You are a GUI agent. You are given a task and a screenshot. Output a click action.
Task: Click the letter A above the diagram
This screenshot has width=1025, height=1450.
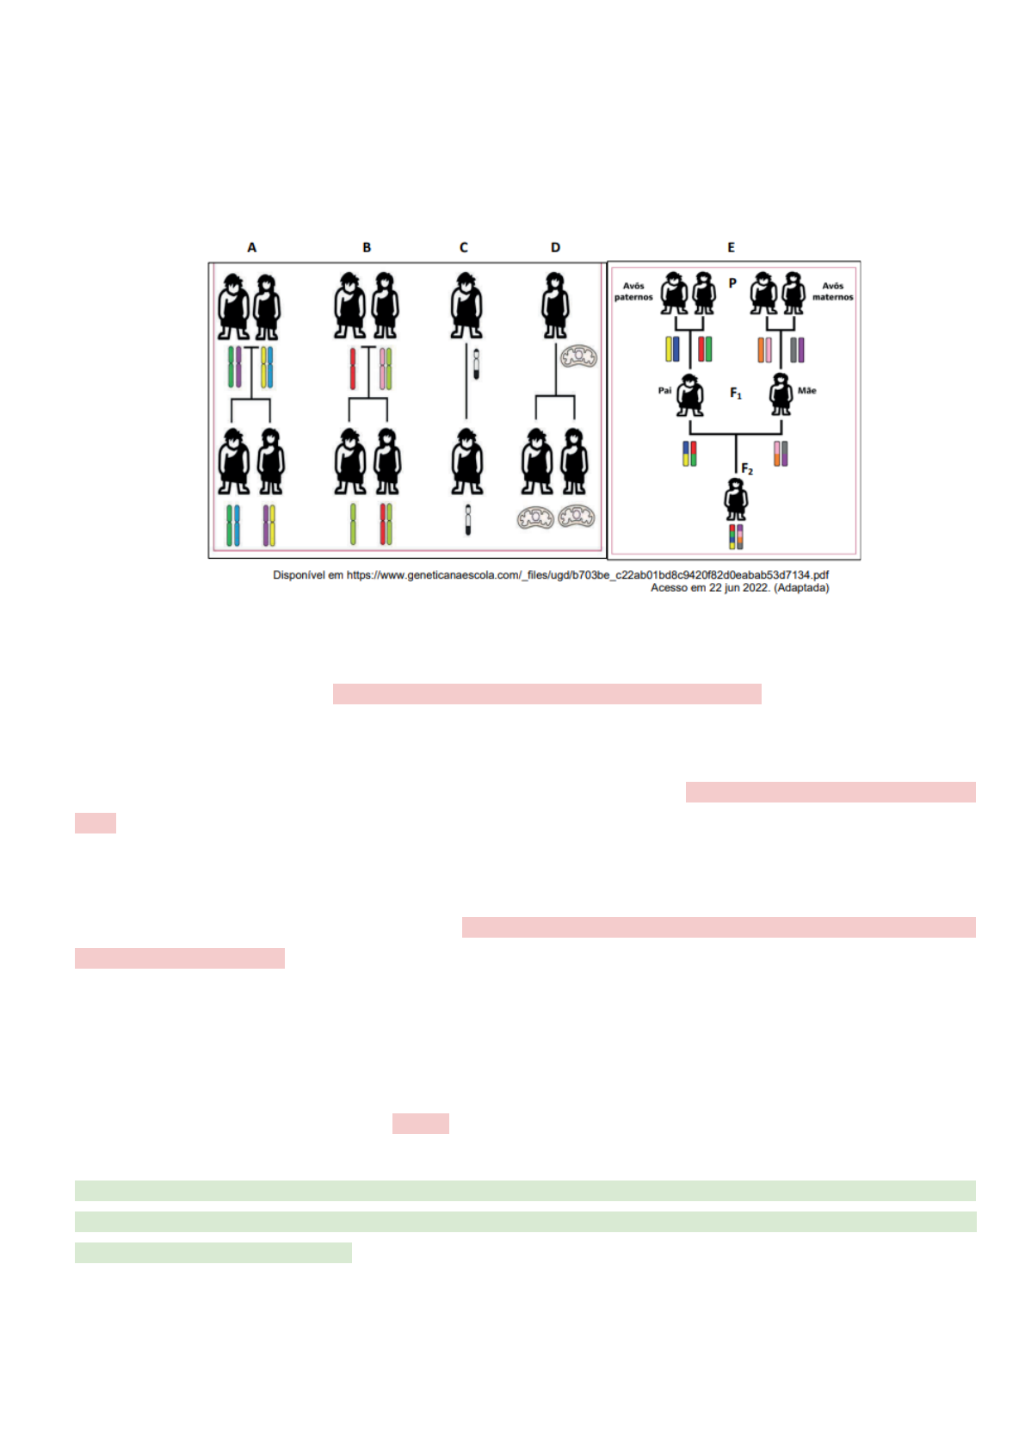point(251,247)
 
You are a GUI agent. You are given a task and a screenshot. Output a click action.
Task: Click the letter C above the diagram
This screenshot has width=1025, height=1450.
point(463,247)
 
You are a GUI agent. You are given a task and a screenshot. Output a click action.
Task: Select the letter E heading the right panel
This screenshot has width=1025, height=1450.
point(732,247)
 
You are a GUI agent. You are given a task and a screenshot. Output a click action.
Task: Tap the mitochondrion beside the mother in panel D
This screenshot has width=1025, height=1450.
point(578,356)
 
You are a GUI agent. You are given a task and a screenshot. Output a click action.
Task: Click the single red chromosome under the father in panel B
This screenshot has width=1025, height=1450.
point(353,369)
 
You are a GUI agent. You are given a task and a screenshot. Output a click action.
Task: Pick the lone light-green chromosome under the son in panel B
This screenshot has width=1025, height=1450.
point(353,524)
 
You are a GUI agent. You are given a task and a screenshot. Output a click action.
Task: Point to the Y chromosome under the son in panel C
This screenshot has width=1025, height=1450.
point(468,520)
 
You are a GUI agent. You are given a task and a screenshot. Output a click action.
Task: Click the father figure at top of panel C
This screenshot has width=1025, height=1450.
point(466,306)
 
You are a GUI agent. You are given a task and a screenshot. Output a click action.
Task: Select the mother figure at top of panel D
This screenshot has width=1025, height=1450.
point(555,306)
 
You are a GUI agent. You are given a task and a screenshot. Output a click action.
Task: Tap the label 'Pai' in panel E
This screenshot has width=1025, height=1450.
point(664,390)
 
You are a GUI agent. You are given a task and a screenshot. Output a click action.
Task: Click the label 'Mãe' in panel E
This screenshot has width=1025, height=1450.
point(807,390)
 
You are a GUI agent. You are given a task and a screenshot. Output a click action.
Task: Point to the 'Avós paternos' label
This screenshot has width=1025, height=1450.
point(633,291)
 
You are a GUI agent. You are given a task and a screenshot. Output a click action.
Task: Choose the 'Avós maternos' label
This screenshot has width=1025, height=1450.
point(833,291)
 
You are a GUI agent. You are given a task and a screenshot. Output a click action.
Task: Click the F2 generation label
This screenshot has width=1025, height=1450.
point(747,468)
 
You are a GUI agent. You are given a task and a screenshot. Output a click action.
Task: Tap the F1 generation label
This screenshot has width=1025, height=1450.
point(736,393)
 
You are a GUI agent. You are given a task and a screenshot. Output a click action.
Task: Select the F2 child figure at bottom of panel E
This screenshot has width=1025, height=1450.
point(736,499)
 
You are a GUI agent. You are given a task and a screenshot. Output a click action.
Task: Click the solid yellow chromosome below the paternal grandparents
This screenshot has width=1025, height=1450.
point(669,349)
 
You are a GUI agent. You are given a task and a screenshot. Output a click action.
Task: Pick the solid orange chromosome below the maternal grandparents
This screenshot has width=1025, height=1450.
point(761,350)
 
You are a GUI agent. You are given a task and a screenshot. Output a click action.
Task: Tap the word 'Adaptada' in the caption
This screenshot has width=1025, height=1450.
point(801,588)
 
